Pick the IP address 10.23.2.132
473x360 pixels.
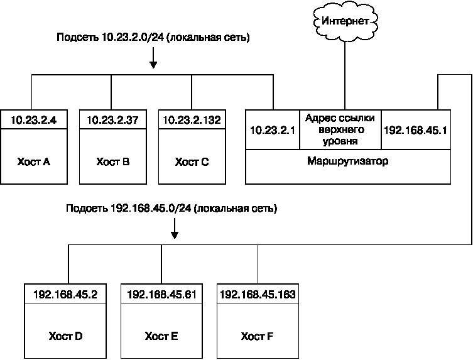tap(192, 119)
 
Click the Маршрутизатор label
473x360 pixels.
tap(347, 161)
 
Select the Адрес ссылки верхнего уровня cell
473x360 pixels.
tap(341, 129)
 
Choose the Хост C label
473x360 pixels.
tap(192, 161)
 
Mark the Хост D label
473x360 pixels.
tap(65, 336)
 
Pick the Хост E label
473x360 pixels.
tap(161, 336)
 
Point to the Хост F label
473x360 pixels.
tap(257, 336)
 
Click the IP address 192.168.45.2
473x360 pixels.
tap(65, 293)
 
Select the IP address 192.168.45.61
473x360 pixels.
tap(161, 293)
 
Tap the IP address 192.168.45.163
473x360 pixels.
tap(257, 293)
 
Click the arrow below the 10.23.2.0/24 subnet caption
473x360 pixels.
tap(153, 58)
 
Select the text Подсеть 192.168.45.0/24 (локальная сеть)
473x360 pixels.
tap(171, 207)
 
